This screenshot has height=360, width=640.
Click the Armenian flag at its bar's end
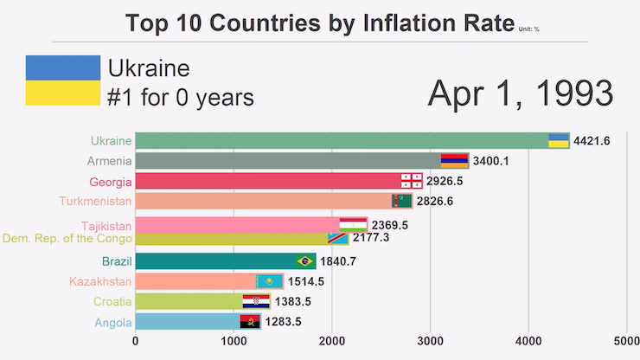[x=455, y=160]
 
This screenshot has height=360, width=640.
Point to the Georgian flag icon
[x=411, y=181]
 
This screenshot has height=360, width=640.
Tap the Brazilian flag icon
[x=305, y=260]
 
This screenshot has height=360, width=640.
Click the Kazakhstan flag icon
[x=270, y=281]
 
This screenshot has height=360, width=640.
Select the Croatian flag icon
[x=257, y=301]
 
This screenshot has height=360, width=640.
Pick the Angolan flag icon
[x=250, y=322]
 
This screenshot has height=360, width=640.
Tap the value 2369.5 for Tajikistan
[x=390, y=225]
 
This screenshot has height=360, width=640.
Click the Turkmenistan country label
[x=95, y=202]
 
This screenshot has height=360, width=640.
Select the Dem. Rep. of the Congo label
[x=67, y=238]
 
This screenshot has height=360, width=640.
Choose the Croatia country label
[x=113, y=301]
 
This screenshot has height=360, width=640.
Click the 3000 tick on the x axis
[x=431, y=341]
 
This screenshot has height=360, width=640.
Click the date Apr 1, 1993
[x=520, y=93]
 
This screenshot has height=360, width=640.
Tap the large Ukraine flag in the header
[x=62, y=80]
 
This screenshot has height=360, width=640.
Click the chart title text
[x=319, y=23]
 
